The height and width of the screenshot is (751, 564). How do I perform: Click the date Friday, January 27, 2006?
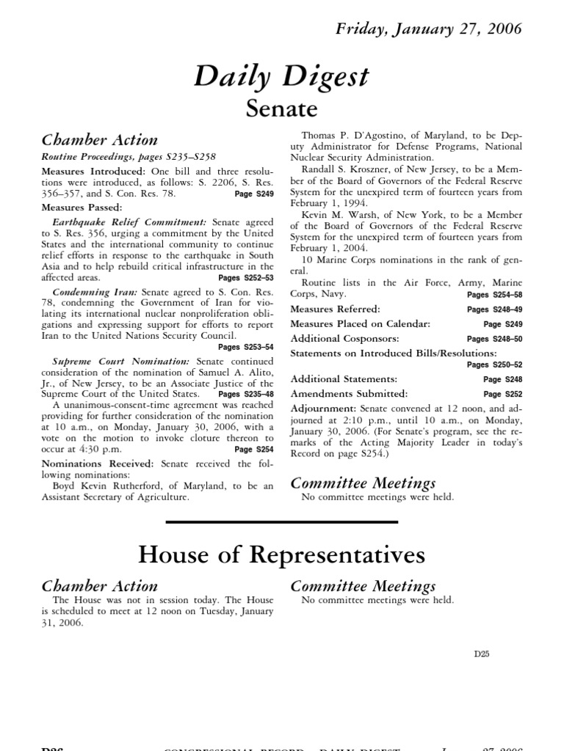tap(429, 29)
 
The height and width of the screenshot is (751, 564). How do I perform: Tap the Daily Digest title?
tap(282, 76)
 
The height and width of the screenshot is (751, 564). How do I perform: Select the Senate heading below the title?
tap(282, 109)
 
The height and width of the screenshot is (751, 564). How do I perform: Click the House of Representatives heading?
tap(282, 555)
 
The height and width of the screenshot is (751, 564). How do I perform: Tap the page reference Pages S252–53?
tap(246, 279)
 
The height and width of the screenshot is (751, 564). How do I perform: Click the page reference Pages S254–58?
tap(494, 294)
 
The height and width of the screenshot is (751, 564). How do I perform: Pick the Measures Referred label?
tap(335, 309)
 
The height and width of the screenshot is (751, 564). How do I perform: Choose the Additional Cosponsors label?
tap(344, 338)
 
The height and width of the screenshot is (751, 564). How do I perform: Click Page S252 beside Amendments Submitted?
tap(502, 394)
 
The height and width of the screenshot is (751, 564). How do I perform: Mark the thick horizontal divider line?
tap(282, 521)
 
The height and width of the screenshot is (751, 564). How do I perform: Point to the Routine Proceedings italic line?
tap(129, 156)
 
